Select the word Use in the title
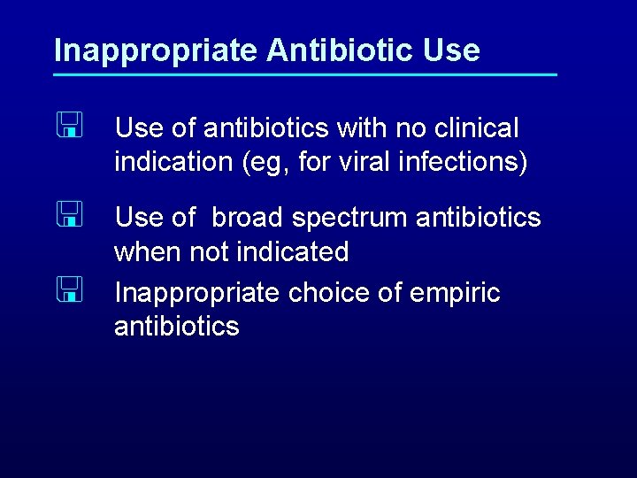(x=451, y=50)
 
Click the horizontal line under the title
(x=305, y=74)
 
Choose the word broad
(x=248, y=217)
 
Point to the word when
(x=146, y=252)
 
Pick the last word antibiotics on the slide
(x=177, y=327)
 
